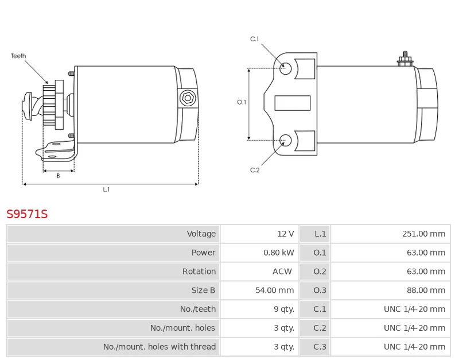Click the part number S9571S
pos(27,215)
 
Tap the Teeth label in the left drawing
pos(18,56)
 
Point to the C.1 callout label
pos(255,39)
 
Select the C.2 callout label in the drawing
pos(255,170)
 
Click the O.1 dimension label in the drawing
pos(242,102)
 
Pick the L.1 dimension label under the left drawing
pos(106,189)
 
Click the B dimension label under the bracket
pos(58,176)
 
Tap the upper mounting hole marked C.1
pos(285,68)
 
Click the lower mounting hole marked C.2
pos(285,139)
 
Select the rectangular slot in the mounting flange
pos(293,103)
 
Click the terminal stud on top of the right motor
pos(405,58)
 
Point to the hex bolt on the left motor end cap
pos(187,98)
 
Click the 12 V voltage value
pos(285,234)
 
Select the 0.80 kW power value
pos(278,253)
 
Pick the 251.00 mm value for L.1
pos(423,234)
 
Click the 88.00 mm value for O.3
pos(426,291)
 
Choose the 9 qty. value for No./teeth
pos(283,309)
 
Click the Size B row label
pos(204,291)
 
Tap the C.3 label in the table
pos(320,347)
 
